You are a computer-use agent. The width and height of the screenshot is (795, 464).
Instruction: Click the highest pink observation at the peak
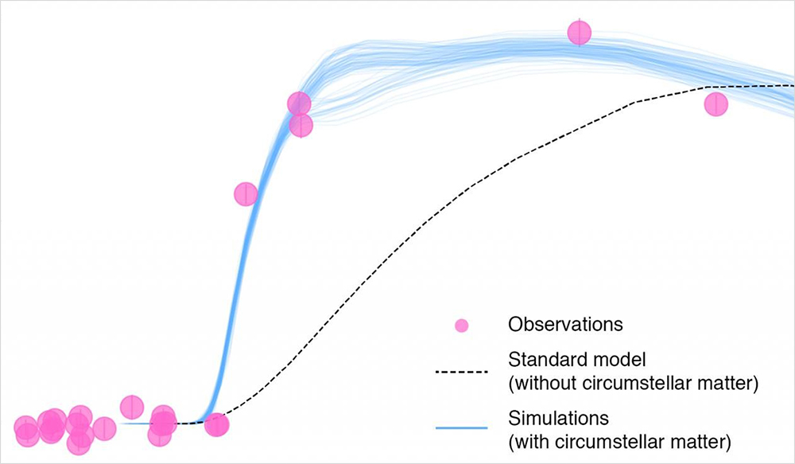click(579, 33)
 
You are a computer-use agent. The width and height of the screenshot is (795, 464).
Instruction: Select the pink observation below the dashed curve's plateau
click(716, 104)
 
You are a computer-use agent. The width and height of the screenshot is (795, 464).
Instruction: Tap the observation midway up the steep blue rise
click(246, 193)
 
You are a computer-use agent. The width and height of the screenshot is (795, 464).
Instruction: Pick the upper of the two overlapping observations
click(299, 104)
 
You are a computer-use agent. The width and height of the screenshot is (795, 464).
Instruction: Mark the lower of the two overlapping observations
click(301, 125)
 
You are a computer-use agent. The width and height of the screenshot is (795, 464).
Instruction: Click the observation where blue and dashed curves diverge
click(216, 424)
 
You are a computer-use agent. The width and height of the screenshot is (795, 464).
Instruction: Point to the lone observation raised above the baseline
click(132, 406)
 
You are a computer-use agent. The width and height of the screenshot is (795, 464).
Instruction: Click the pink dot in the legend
click(461, 326)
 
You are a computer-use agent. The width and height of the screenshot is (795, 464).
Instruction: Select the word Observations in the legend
click(565, 324)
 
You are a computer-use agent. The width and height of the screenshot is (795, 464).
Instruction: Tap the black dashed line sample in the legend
click(461, 372)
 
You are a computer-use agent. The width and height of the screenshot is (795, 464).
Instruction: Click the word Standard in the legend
click(541, 360)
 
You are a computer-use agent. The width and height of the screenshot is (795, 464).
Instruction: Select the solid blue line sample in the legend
click(461, 428)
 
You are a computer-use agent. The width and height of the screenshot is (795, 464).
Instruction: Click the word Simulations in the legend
click(558, 419)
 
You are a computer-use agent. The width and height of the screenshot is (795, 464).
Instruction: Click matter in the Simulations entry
click(706, 442)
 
